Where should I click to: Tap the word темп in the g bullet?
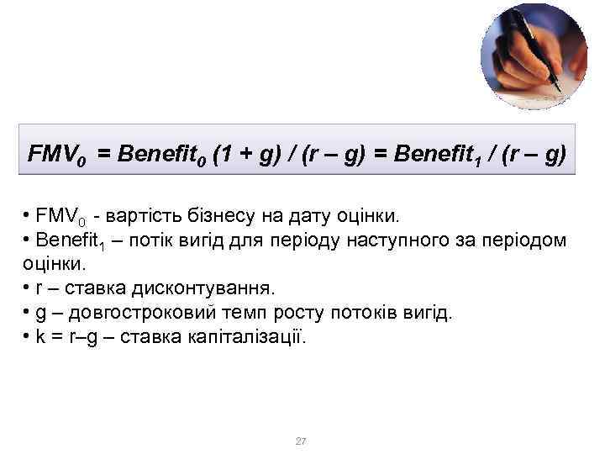coord(226,314)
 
